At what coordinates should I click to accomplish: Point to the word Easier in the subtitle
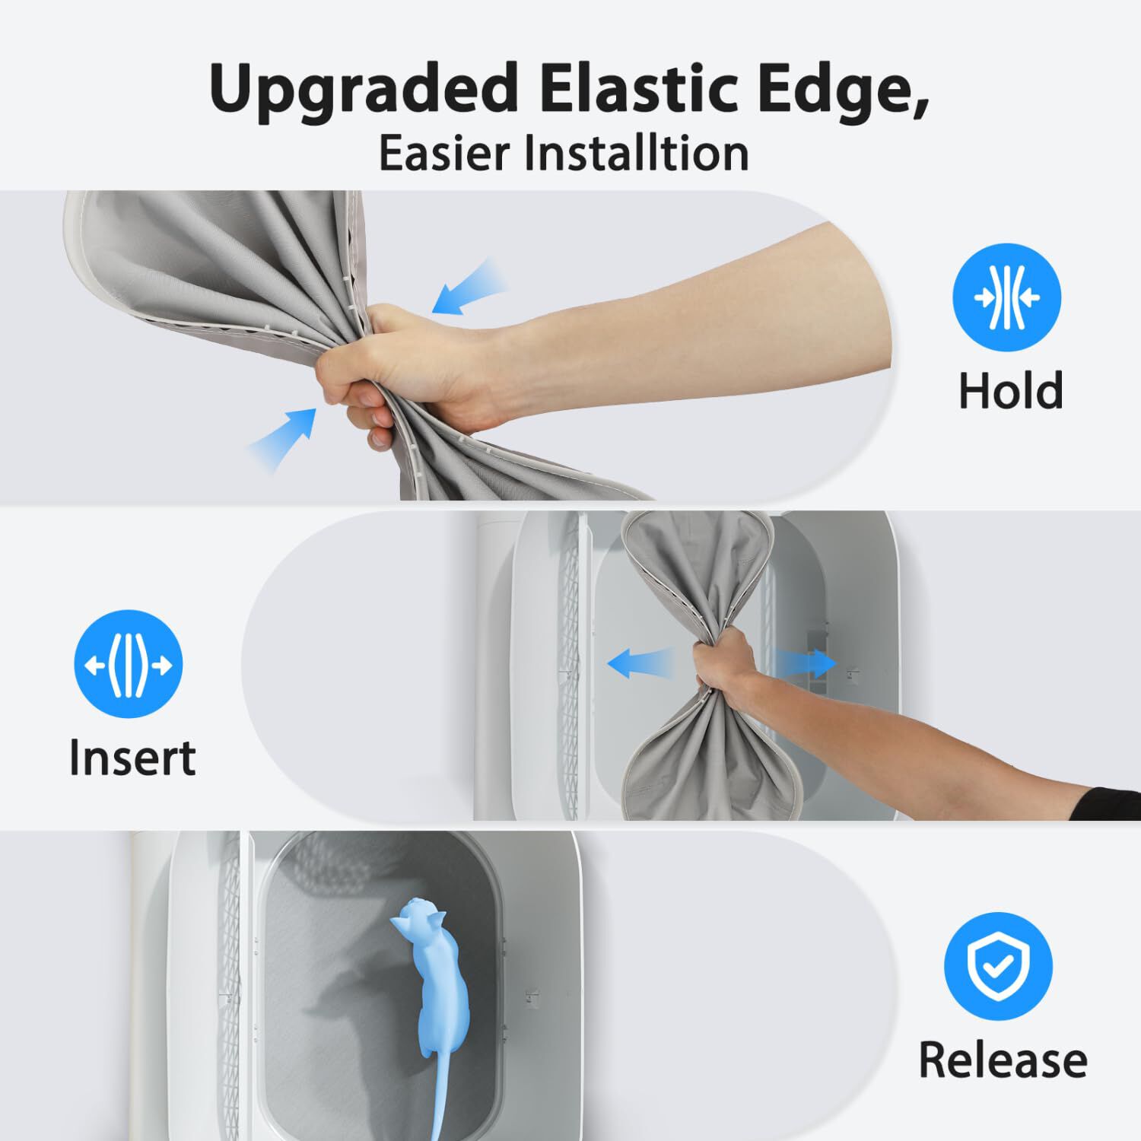446,153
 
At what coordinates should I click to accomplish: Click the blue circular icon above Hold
1007,297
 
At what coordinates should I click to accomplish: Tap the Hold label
1010,390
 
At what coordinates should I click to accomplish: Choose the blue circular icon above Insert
129,664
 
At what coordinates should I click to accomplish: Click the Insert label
132,757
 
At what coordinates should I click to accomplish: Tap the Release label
1003,1059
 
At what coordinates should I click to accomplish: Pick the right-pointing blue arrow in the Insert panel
803,663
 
